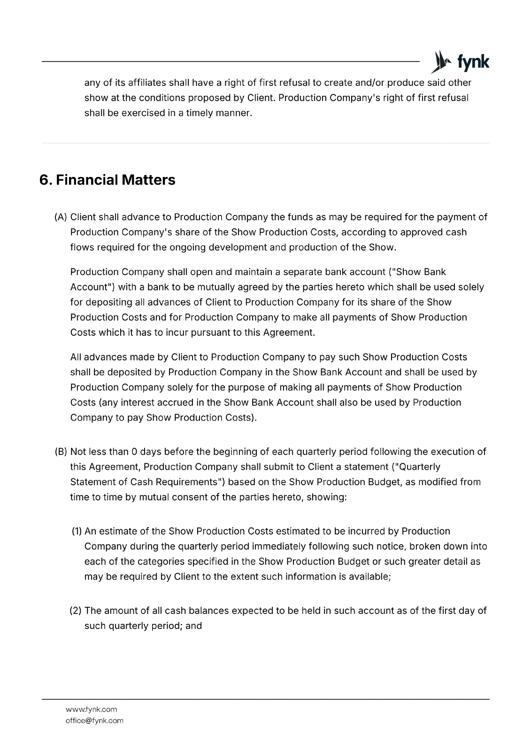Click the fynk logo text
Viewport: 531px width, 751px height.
[x=473, y=62]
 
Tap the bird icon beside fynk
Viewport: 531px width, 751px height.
[x=440, y=61]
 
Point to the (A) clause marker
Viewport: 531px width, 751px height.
[x=61, y=217]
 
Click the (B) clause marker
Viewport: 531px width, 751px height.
[x=61, y=452]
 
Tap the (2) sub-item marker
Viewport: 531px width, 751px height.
[x=76, y=611]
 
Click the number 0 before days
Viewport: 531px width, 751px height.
[x=134, y=452]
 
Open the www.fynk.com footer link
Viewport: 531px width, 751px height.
[x=92, y=709]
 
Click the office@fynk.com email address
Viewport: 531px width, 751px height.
[x=94, y=720]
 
